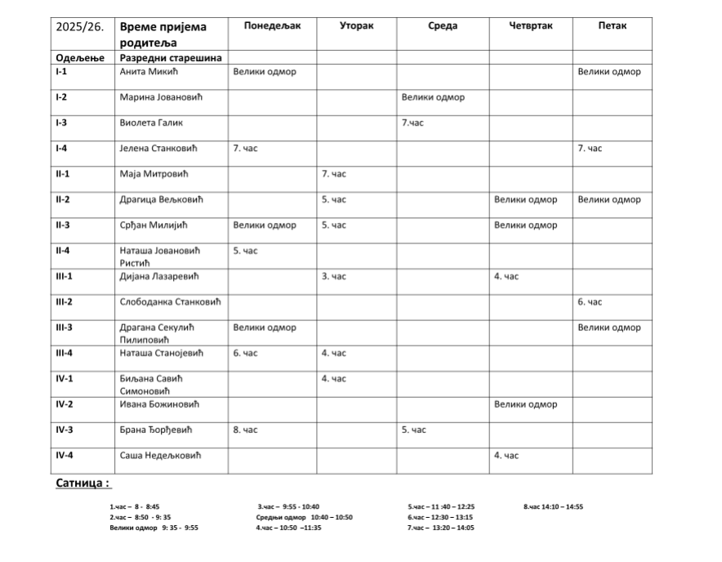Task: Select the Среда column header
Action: [x=443, y=26]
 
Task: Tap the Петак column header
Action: [x=612, y=26]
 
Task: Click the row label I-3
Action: [x=61, y=123]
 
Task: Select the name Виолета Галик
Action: [x=151, y=123]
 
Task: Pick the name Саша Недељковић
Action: [x=160, y=455]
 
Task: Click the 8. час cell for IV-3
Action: [x=246, y=430]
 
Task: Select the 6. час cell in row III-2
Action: [x=590, y=302]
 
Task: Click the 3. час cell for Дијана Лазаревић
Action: [x=334, y=277]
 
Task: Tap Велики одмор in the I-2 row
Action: [x=433, y=97]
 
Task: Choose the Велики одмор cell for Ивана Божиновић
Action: [x=526, y=404]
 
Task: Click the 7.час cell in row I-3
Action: [x=413, y=123]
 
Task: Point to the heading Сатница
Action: [x=82, y=484]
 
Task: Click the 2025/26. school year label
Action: [x=79, y=27]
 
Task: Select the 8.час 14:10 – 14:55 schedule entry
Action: [x=553, y=507]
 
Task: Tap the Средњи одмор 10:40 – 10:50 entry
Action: [x=304, y=517]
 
